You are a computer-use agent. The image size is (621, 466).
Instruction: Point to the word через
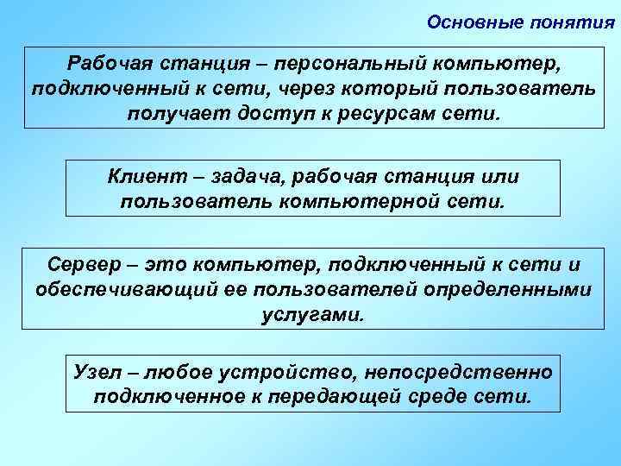292,89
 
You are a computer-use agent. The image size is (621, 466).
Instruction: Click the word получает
172,114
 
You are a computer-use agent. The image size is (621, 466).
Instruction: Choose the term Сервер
85,264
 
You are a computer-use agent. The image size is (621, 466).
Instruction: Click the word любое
182,372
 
